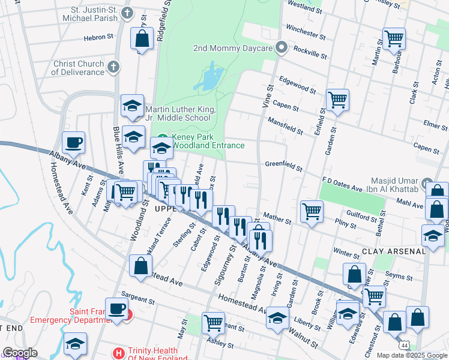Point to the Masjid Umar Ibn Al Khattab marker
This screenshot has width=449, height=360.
coord(427,183)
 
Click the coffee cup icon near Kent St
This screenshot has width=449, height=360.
coord(73,143)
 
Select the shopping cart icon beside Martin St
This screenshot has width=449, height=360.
coord(394,39)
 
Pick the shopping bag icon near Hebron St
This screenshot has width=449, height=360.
coord(142,39)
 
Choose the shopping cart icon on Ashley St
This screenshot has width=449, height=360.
coord(213,322)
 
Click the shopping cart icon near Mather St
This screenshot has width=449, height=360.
coord(312,211)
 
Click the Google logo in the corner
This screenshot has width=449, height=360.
coord(20,353)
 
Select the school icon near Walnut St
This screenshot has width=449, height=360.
coord(277,317)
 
